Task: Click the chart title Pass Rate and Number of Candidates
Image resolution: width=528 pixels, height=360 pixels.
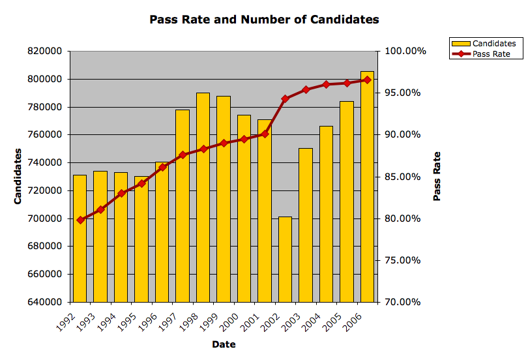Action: pos(264,20)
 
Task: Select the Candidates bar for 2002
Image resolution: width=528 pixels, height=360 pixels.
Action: pos(285,259)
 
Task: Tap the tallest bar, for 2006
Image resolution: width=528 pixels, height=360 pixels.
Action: pos(367,189)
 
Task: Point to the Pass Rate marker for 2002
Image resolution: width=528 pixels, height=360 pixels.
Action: pos(285,98)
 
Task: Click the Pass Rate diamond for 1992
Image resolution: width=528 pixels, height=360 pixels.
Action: pos(80,220)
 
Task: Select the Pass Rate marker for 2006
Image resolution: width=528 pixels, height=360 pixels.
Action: pos(367,80)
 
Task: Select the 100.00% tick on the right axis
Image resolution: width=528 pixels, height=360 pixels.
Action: pos(404,51)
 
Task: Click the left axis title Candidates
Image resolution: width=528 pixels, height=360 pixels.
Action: pos(19,176)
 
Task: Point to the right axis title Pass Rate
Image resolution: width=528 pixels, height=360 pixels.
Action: pos(437,176)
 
